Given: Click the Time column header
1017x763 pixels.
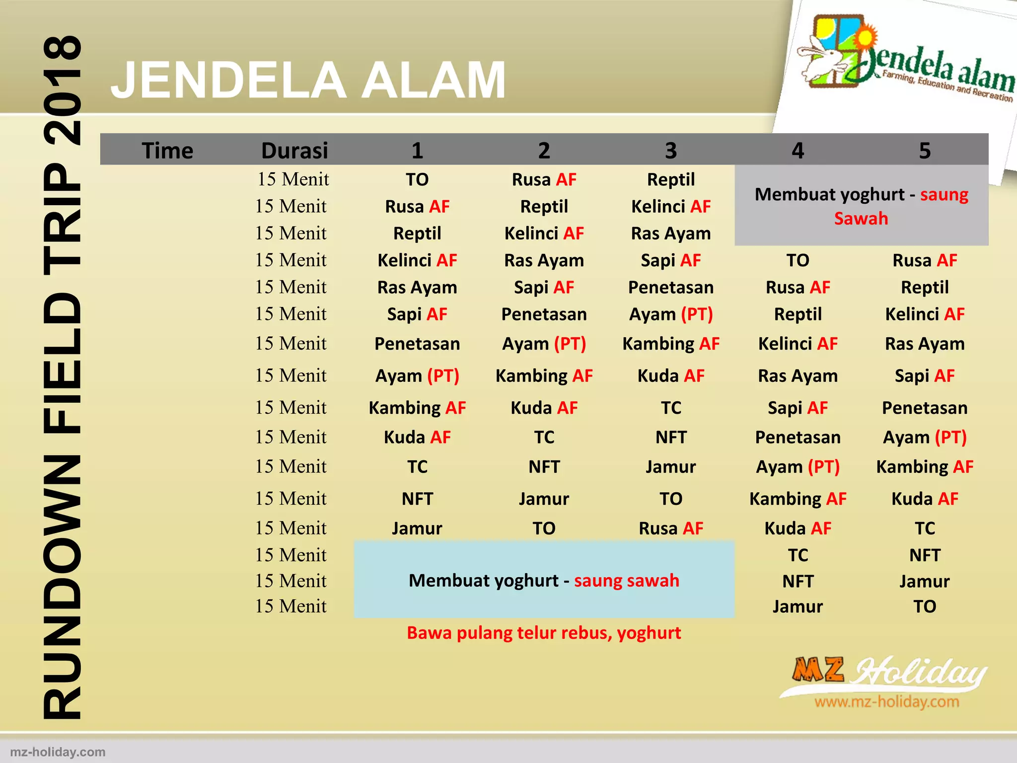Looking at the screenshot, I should (167, 151).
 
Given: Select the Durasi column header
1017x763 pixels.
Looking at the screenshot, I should (294, 151).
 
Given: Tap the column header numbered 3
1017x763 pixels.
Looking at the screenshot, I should (670, 151).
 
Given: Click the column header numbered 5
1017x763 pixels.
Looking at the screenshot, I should (924, 151).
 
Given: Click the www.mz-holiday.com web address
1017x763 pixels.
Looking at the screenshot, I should (886, 702).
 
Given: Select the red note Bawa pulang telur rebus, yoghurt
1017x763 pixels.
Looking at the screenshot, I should (544, 633).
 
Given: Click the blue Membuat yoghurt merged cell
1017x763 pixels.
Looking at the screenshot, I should (544, 580).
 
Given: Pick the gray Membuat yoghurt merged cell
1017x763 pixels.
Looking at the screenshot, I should (861, 206).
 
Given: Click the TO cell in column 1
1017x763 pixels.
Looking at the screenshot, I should (417, 180).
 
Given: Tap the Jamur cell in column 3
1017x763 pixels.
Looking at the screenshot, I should (670, 467).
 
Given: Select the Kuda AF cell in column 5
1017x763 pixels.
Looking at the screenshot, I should (924, 499).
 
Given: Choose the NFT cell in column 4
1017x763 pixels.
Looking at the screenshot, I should (798, 581).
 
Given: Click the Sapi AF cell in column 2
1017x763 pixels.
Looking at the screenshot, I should (544, 287).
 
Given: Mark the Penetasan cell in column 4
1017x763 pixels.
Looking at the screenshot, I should (798, 437).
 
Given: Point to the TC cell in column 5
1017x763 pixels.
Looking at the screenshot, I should (924, 528).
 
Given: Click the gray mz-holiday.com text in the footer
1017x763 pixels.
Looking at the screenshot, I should (58, 752).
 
